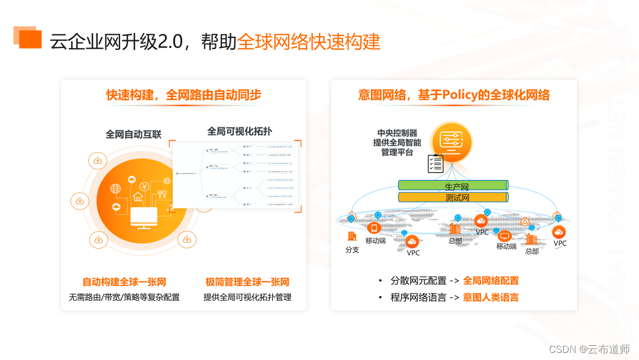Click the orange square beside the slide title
[30, 38]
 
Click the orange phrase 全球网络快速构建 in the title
[308, 42]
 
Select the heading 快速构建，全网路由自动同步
[184, 95]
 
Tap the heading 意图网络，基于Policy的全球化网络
[454, 95]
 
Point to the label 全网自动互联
[133, 134]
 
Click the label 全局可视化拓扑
[240, 131]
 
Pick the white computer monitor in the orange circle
[143, 216]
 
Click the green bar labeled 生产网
[453, 185]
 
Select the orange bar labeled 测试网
[453, 198]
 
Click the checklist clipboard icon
[435, 163]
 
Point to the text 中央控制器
[397, 133]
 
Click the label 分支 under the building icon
[352, 249]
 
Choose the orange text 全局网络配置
[490, 281]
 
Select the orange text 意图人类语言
[490, 297]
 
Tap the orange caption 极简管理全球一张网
[247, 282]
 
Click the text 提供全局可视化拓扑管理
[247, 297]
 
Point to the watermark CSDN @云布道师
[589, 349]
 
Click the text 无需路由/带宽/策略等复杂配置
[124, 297]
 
